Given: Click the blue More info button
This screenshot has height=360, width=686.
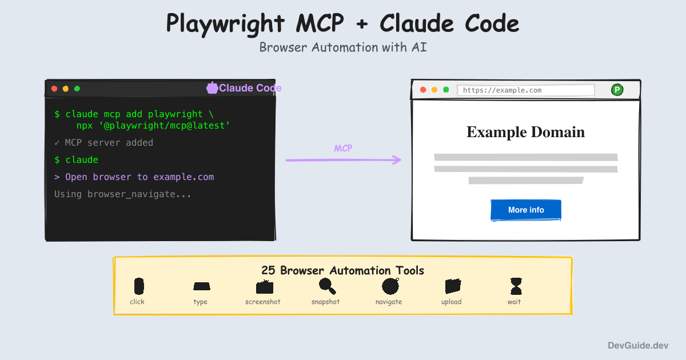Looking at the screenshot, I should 526,210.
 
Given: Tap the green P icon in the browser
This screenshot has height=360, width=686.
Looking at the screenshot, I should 617,90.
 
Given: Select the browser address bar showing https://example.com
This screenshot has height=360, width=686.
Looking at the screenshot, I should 526,90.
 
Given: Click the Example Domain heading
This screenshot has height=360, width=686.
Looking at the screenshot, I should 525,132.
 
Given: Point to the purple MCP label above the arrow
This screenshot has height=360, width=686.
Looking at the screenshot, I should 343,149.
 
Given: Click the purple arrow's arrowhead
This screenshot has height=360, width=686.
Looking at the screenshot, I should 397,160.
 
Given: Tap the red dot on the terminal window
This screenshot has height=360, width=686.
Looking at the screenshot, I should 54,89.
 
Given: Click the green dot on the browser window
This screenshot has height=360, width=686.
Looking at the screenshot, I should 446,90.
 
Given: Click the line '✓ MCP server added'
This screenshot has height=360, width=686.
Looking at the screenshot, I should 103,142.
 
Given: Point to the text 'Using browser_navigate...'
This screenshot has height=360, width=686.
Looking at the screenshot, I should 122,194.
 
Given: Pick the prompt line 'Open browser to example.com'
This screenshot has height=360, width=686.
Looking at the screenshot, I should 134,177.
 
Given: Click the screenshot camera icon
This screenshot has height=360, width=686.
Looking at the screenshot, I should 265,287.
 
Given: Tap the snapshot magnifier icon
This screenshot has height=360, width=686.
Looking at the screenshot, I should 326,286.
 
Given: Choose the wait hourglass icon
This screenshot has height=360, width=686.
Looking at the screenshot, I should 516,286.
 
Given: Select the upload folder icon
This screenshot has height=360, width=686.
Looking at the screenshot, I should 452,286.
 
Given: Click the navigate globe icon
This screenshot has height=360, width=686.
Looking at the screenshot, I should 390,286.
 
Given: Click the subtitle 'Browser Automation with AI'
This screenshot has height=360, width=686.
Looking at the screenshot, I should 343,47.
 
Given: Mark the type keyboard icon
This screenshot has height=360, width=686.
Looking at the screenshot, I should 201,286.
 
